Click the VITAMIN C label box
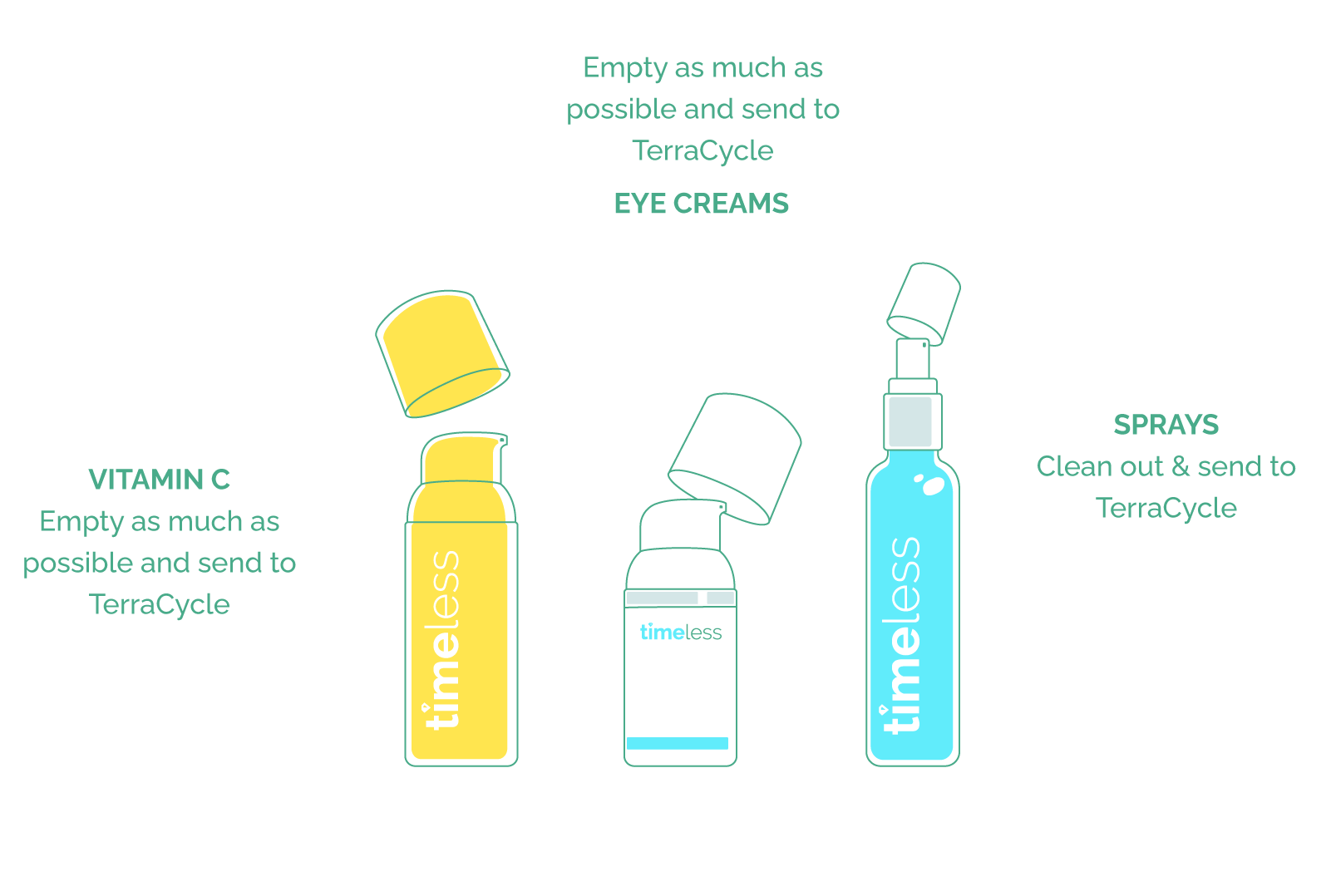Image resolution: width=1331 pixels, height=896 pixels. (x=159, y=478)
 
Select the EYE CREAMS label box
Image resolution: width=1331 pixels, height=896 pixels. (x=701, y=202)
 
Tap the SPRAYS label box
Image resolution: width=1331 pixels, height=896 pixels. (x=1166, y=423)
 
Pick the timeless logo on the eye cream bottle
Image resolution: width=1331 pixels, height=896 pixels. (x=680, y=633)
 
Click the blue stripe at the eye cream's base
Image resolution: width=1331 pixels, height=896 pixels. (x=677, y=743)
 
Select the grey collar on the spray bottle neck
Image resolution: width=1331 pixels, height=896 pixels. (x=911, y=421)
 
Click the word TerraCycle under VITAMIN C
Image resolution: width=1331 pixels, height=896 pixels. (x=159, y=604)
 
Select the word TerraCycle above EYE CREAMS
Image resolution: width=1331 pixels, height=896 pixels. (x=702, y=150)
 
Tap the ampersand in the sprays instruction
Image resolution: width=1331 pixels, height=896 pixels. (x=1181, y=466)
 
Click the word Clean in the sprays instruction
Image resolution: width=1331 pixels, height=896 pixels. (x=1069, y=466)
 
